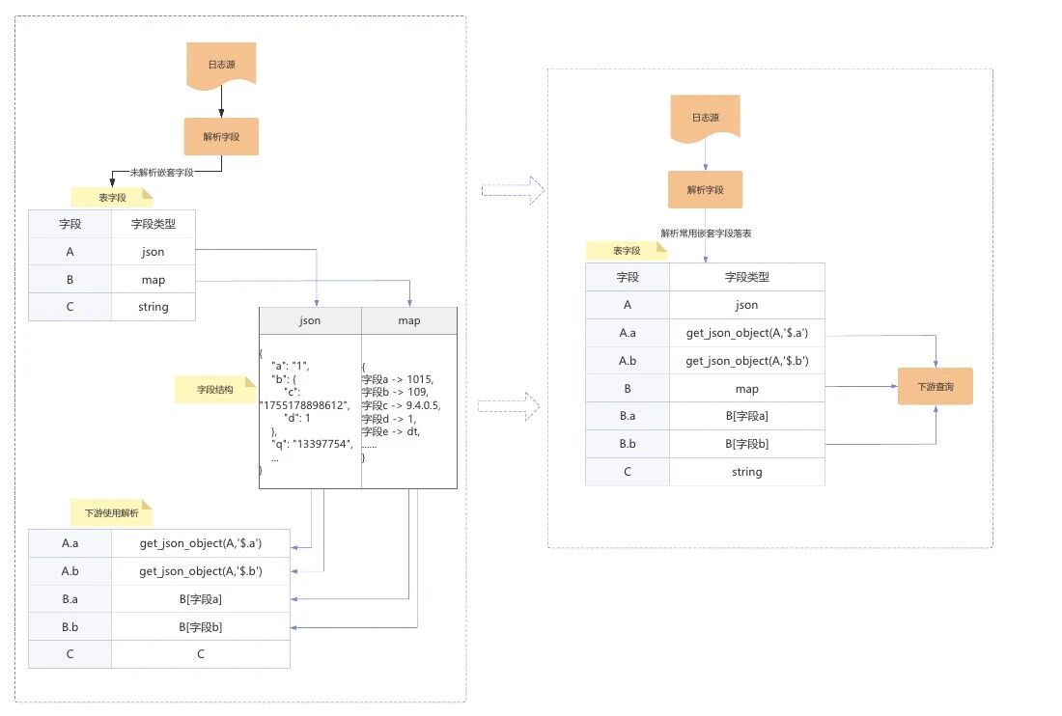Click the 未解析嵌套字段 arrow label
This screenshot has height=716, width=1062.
coord(161,173)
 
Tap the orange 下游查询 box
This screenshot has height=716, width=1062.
coord(935,386)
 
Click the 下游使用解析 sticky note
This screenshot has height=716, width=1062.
coord(111,512)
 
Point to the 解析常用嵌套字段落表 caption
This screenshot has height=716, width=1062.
coord(706,234)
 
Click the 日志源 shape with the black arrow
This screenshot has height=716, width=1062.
coord(221,65)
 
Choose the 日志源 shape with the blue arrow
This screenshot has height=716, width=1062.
coord(705,117)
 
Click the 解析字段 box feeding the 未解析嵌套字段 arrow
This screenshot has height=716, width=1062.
coord(221,136)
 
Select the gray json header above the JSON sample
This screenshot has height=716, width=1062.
coord(310,320)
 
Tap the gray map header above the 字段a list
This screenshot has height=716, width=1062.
coord(409,320)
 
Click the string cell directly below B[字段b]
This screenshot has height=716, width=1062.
coord(746,472)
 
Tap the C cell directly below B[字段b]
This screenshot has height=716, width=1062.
coord(201,654)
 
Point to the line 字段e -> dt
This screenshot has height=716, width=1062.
coord(391,432)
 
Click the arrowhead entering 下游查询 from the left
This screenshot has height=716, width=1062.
coord(894,386)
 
